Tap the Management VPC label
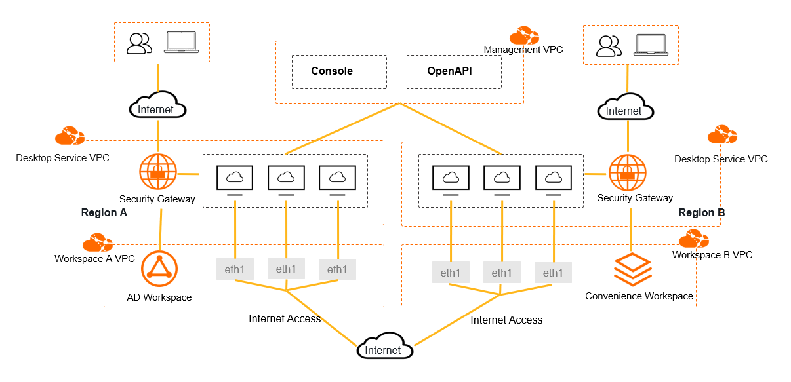pos(523,50)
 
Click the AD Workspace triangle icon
pos(159,268)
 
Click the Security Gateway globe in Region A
pos(158,172)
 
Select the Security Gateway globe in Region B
pos(628,172)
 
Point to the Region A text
pos(104,213)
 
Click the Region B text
pos(701,213)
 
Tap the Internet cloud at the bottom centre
pos(384,349)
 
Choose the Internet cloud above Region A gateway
pos(157,108)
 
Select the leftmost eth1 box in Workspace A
pos(235,269)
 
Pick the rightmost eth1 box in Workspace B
pos(552,273)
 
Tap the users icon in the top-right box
pos(609,46)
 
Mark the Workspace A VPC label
pos(94,259)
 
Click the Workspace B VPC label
pos(712,254)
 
